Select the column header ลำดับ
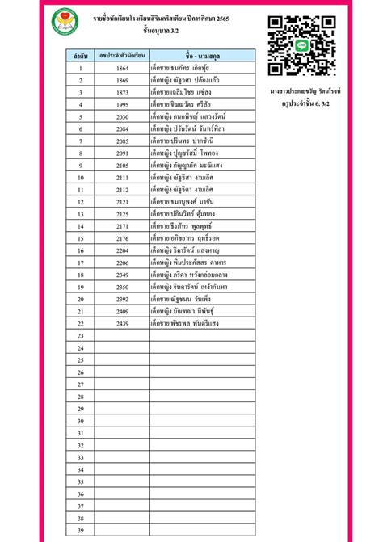point(81,56)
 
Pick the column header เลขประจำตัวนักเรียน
point(122,56)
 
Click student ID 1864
point(122,68)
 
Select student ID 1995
point(122,104)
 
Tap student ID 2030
point(122,116)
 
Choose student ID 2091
point(122,153)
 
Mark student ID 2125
point(122,213)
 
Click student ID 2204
point(122,250)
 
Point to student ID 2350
point(122,287)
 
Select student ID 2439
point(122,323)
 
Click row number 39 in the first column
point(81,530)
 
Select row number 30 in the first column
point(81,421)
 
